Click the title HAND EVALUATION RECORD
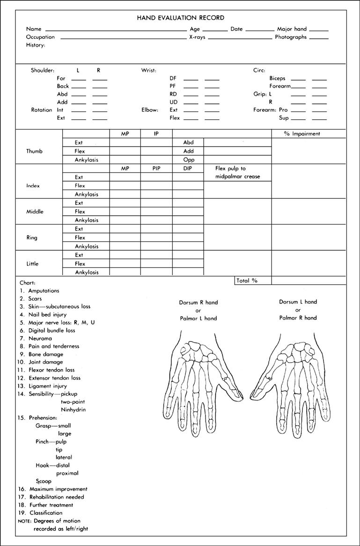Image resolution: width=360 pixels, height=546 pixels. click(x=180, y=18)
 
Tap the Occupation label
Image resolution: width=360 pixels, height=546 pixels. click(x=40, y=37)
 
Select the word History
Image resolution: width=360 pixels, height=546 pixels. click(x=36, y=45)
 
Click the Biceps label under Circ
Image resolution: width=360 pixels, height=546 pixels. click(x=277, y=79)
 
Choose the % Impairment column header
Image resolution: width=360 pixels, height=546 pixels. click(x=302, y=134)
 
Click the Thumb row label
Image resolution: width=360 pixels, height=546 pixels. click(x=34, y=151)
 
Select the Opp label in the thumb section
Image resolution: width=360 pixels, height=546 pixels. click(x=188, y=160)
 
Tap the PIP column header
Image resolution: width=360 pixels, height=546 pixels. click(x=156, y=168)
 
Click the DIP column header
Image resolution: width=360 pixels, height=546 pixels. click(x=188, y=168)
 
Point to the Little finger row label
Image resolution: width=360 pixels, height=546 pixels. click(x=33, y=263)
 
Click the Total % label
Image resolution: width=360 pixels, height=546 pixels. click(x=247, y=281)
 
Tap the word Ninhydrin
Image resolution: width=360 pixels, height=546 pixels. click(x=73, y=410)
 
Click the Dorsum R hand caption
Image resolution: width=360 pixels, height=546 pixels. click(x=198, y=302)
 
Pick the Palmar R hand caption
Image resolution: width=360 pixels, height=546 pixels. click(x=298, y=318)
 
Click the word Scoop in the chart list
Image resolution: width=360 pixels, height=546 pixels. click(x=44, y=481)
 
